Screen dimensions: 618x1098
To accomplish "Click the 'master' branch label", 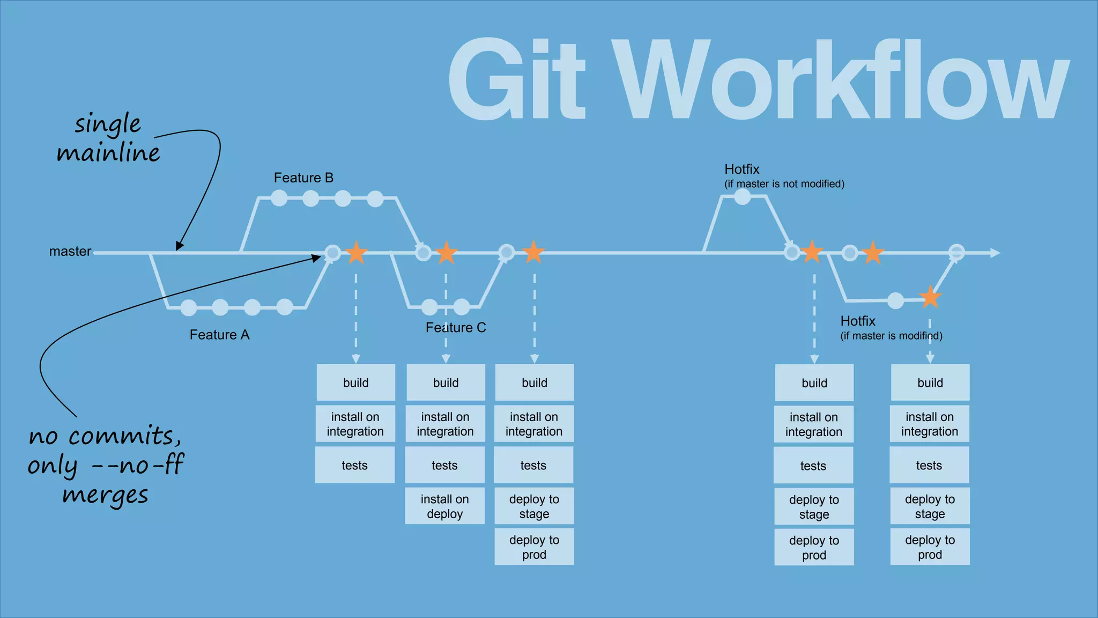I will coord(70,251).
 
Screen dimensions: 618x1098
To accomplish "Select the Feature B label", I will coord(303,178).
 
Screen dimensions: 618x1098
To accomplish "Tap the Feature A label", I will coord(219,335).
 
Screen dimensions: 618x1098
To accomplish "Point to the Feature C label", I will coord(456,328).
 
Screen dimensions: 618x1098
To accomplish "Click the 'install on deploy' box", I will coord(444,506).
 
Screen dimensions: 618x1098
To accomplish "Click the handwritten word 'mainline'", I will coord(108,153).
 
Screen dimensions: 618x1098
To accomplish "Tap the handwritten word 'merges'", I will coord(105,495).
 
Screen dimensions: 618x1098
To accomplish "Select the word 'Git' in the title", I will coord(516,79).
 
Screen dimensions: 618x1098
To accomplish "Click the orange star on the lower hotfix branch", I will coord(930,297).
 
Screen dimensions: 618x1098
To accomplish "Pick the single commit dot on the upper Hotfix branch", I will coord(742,197).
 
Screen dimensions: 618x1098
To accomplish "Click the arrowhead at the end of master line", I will coord(995,253).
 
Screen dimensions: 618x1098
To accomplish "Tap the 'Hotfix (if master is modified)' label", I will coord(891,328).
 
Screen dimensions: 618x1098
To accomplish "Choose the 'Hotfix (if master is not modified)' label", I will coord(784,176).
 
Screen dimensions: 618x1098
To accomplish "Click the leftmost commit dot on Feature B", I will coord(279,198).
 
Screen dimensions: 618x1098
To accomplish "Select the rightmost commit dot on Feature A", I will coord(284,307).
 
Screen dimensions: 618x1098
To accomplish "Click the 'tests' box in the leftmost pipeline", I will coord(354,465).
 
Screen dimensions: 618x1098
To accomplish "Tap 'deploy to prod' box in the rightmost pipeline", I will coord(930,547).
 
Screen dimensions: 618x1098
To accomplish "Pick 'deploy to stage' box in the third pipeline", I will coord(534,506).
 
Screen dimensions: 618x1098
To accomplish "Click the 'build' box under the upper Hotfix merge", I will coord(814,382).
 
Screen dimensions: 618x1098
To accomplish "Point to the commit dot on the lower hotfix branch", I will coord(895,300).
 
